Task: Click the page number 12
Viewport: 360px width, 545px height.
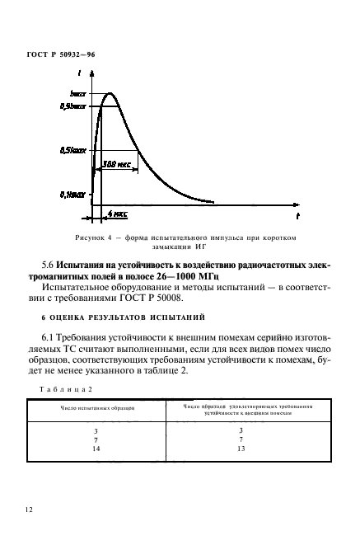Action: pos(30,510)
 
